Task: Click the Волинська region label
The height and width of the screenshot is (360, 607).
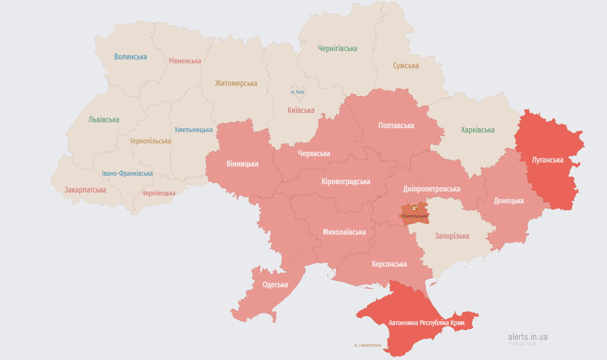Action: click(x=131, y=57)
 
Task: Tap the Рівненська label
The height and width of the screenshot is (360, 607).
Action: click(x=185, y=61)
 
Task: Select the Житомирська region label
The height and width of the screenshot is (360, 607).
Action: click(x=236, y=83)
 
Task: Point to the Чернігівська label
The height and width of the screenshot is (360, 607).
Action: click(x=337, y=49)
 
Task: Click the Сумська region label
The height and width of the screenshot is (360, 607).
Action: click(x=406, y=65)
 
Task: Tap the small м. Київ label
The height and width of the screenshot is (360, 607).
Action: click(x=298, y=92)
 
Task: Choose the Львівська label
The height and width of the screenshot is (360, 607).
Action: click(x=104, y=120)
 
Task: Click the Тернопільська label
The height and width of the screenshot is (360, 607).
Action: click(x=150, y=141)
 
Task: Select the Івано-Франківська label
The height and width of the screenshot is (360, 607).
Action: click(x=127, y=173)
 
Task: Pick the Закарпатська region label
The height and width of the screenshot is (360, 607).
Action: click(x=85, y=190)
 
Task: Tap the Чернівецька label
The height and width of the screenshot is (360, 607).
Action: click(x=159, y=193)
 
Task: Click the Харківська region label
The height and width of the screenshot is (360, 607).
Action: click(x=477, y=130)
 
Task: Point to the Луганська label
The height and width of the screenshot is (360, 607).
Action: click(x=548, y=160)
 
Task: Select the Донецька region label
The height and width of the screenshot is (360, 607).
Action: click(x=508, y=200)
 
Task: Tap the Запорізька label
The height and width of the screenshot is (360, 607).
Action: click(x=452, y=236)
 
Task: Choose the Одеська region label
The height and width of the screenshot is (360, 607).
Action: click(x=275, y=285)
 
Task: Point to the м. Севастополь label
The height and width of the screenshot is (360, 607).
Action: click(x=368, y=346)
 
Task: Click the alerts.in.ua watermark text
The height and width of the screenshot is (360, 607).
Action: click(x=527, y=337)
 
